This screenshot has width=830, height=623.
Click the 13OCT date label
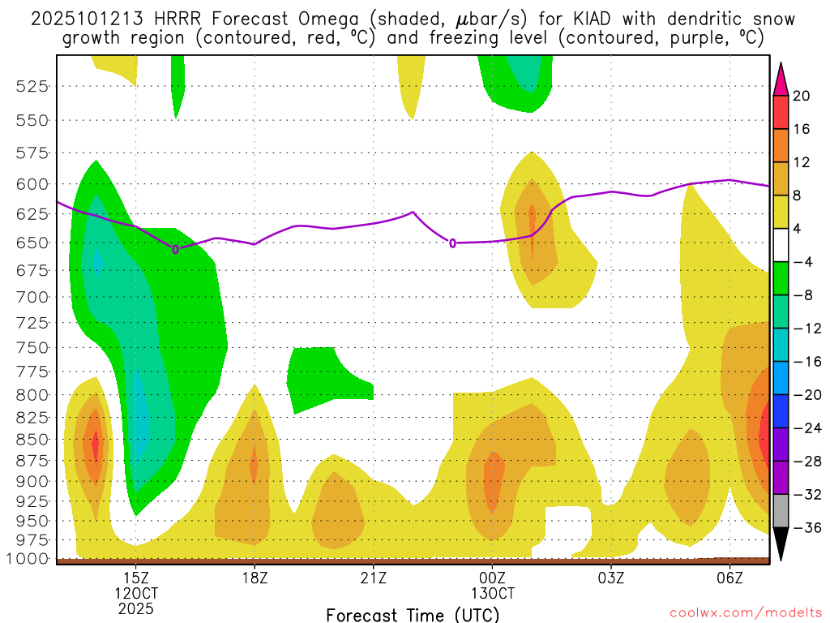[492, 594]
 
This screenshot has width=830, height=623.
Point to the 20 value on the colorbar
[802, 97]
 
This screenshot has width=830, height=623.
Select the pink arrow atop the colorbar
[781, 79]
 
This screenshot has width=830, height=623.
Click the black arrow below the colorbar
[781, 544]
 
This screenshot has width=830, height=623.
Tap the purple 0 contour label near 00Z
[452, 243]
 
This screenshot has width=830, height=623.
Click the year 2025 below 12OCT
[136, 608]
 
